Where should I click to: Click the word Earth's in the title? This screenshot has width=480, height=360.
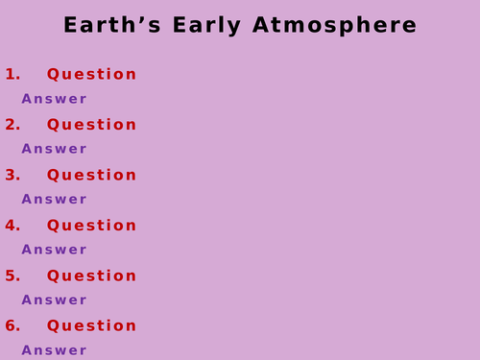[x=109, y=26]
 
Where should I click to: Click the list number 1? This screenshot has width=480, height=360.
[x=12, y=75]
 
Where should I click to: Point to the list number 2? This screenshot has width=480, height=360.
[x=12, y=125]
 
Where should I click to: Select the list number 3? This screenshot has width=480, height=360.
[x=12, y=176]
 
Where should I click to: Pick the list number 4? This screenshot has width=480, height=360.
[x=12, y=226]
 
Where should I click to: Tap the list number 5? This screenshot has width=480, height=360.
[x=12, y=276]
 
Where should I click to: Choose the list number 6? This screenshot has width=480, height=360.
[x=12, y=326]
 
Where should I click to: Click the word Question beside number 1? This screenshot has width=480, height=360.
[x=92, y=75]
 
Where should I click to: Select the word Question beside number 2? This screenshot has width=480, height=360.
[x=92, y=125]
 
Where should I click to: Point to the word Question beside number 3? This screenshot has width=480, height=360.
[x=92, y=176]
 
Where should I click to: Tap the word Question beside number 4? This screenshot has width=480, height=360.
[x=92, y=226]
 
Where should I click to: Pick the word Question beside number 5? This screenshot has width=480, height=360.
[x=92, y=276]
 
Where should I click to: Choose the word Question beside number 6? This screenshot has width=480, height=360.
[x=92, y=326]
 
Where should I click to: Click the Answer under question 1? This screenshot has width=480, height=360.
[x=54, y=99]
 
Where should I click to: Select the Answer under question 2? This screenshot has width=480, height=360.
[x=54, y=149]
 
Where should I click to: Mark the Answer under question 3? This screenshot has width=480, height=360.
[x=54, y=200]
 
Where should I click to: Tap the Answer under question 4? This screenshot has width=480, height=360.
[x=54, y=250]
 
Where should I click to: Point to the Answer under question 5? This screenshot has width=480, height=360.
[x=54, y=300]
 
